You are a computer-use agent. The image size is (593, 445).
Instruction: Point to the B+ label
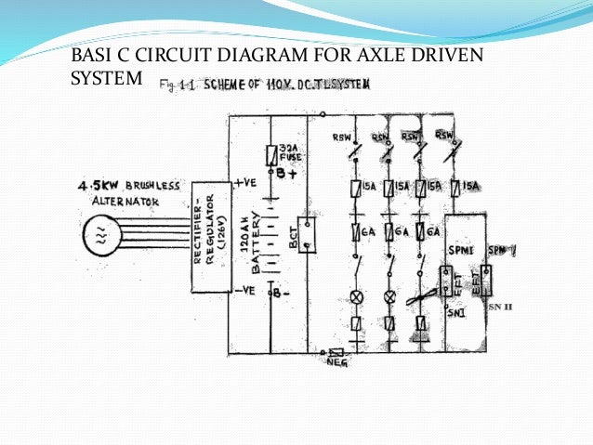pyautogui.click(x=281, y=173)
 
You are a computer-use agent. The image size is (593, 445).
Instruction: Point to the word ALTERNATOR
pyautogui.click(x=118, y=201)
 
